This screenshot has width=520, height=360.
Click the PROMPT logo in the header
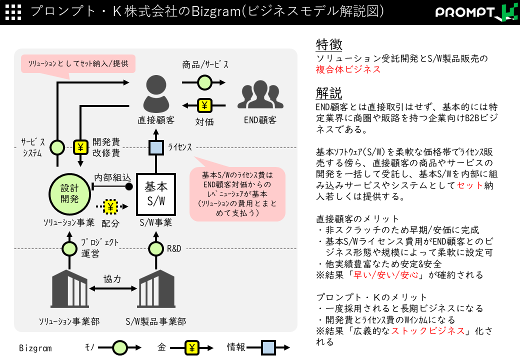pyautogui.click(x=476, y=12)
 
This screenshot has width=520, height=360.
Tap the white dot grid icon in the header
pyautogui.click(x=13, y=12)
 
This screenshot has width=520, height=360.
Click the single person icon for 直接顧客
pyautogui.click(x=156, y=94)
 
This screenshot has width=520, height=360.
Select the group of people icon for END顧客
pyautogui.click(x=260, y=94)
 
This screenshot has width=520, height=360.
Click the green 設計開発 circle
pyautogui.click(x=69, y=193)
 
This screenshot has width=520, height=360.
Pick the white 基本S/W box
pyautogui.click(x=156, y=194)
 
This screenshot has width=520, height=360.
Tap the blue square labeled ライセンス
pyautogui.click(x=156, y=148)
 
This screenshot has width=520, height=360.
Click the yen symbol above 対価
pyautogui.click(x=204, y=105)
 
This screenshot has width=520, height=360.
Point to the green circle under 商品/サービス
pyautogui.click(x=205, y=82)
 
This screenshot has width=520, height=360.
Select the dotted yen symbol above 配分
pyautogui.click(x=110, y=206)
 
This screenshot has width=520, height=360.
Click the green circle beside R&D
pyautogui.click(x=156, y=248)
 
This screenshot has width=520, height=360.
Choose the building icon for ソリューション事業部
pyautogui.click(x=69, y=288)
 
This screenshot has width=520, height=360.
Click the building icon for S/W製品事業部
pyautogui.click(x=156, y=288)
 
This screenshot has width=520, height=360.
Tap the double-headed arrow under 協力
pyautogui.click(x=113, y=288)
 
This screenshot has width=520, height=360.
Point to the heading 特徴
pyautogui.click(x=329, y=44)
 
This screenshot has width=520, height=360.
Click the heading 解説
pyautogui.click(x=329, y=93)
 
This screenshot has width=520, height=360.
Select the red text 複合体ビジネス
pyautogui.click(x=348, y=69)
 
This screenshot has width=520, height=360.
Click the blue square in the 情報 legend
pyautogui.click(x=268, y=347)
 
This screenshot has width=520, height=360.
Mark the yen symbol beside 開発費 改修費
pyautogui.click(x=80, y=147)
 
